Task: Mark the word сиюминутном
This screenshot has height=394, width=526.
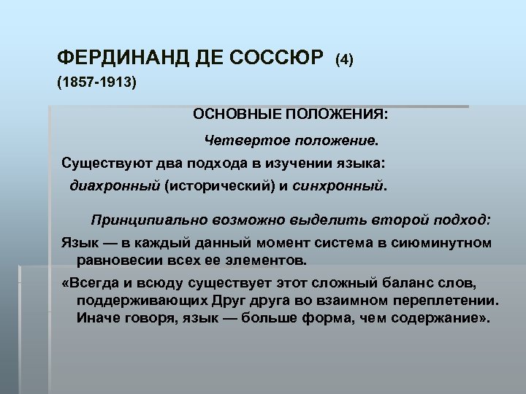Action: (x=447, y=242)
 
